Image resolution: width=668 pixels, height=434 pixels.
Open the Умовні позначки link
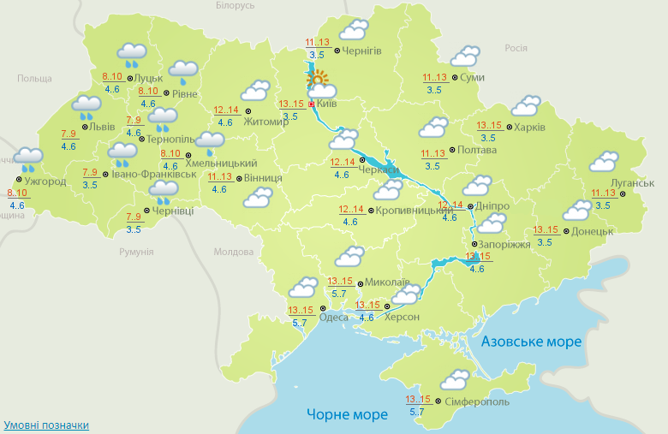pyautogui.click(x=46, y=425)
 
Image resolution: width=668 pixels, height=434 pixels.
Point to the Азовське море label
pyautogui.click(x=531, y=342)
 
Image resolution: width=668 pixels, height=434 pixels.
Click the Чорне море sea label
pyautogui.click(x=347, y=414)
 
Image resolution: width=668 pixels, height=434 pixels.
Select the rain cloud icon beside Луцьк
pyautogui.click(x=131, y=55)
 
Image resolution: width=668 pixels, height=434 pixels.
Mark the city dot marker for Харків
pyautogui.click(x=509, y=128)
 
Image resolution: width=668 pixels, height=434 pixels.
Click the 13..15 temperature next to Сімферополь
pyautogui.click(x=419, y=399)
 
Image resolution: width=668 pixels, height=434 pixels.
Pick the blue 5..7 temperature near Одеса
pyautogui.click(x=300, y=322)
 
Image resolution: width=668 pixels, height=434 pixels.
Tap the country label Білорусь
pyautogui.click(x=234, y=5)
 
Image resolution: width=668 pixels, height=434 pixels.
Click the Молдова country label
pyautogui.click(x=234, y=253)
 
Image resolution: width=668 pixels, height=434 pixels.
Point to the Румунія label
pyautogui.click(x=136, y=252)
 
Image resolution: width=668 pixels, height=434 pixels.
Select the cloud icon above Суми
pyautogui.click(x=465, y=56)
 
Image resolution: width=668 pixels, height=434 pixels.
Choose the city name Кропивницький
pyautogui.click(x=415, y=210)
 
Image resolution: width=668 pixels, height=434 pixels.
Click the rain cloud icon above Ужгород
pyautogui.click(x=28, y=158)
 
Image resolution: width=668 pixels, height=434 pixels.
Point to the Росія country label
pyautogui.click(x=516, y=48)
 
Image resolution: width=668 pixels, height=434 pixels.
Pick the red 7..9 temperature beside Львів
pyautogui.click(x=70, y=134)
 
